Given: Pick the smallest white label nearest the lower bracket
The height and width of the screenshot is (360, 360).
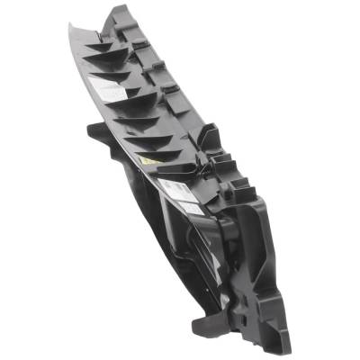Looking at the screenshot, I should (191, 208).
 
